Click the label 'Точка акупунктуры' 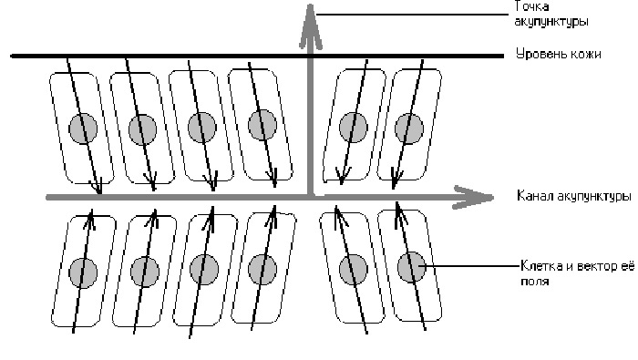pyautogui.click(x=551, y=14)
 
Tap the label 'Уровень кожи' pyautogui.click(x=559, y=54)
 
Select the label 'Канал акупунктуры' pyautogui.click(x=573, y=196)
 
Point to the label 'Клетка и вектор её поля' pyautogui.click(x=577, y=273)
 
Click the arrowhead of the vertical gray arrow pyautogui.click(x=311, y=26)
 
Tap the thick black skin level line pyautogui.click(x=257, y=56)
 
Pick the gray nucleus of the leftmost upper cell pyautogui.click(x=83, y=129)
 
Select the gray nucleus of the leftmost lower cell pyautogui.click(x=83, y=273)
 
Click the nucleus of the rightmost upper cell pyautogui.click(x=409, y=129)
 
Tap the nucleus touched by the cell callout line pyautogui.click(x=412, y=267)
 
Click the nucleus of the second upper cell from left pyautogui.click(x=142, y=129)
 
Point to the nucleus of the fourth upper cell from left pyautogui.click(x=262, y=125)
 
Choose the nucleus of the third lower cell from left pyautogui.click(x=204, y=270)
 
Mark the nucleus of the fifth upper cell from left pyautogui.click(x=354, y=128)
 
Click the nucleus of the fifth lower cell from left pyautogui.click(x=354, y=270)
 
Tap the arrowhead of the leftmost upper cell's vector pyautogui.click(x=97, y=186)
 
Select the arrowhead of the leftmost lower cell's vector pyautogui.click(x=90, y=219)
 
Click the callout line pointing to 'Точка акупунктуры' pyautogui.click(x=413, y=15)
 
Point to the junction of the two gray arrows pyautogui.click(x=311, y=197)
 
